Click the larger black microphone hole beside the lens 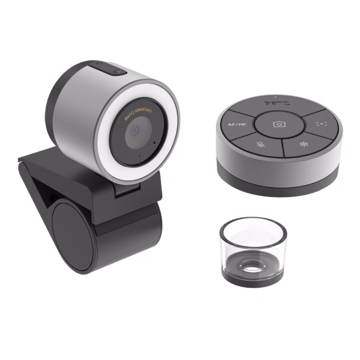(x=154, y=143)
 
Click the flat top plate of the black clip (x=54, y=158)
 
